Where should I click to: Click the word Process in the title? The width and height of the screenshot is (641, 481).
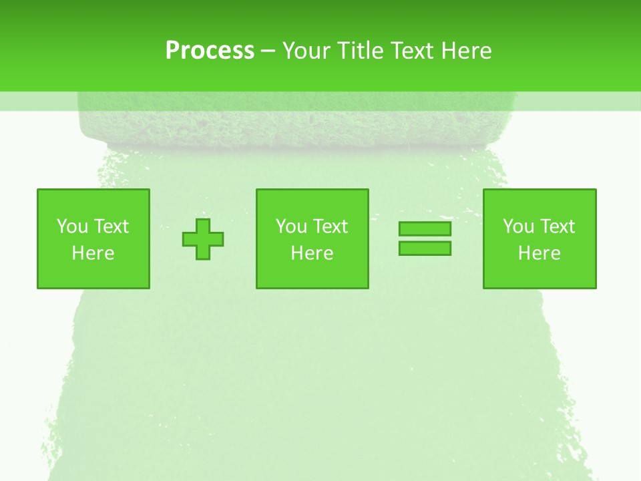[x=210, y=51]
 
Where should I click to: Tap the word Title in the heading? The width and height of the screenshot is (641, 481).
[x=359, y=51]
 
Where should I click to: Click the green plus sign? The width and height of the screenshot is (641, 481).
[x=203, y=239]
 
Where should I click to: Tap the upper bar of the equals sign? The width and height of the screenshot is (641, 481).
[x=425, y=229]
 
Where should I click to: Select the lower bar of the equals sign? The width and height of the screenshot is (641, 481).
[x=425, y=248]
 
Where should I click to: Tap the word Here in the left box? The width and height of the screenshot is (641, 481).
[x=93, y=253]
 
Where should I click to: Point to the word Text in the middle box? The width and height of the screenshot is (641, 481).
[x=331, y=226]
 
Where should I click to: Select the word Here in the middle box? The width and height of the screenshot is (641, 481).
[x=312, y=253]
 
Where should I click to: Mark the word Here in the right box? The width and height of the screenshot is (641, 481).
[x=539, y=253]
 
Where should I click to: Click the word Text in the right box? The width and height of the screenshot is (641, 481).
[x=558, y=226]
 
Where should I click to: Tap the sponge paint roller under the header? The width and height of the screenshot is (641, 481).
[x=297, y=124]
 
